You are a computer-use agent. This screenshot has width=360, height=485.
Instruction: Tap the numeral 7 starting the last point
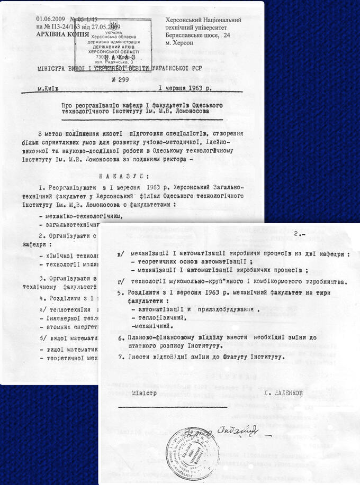point(121,356)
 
